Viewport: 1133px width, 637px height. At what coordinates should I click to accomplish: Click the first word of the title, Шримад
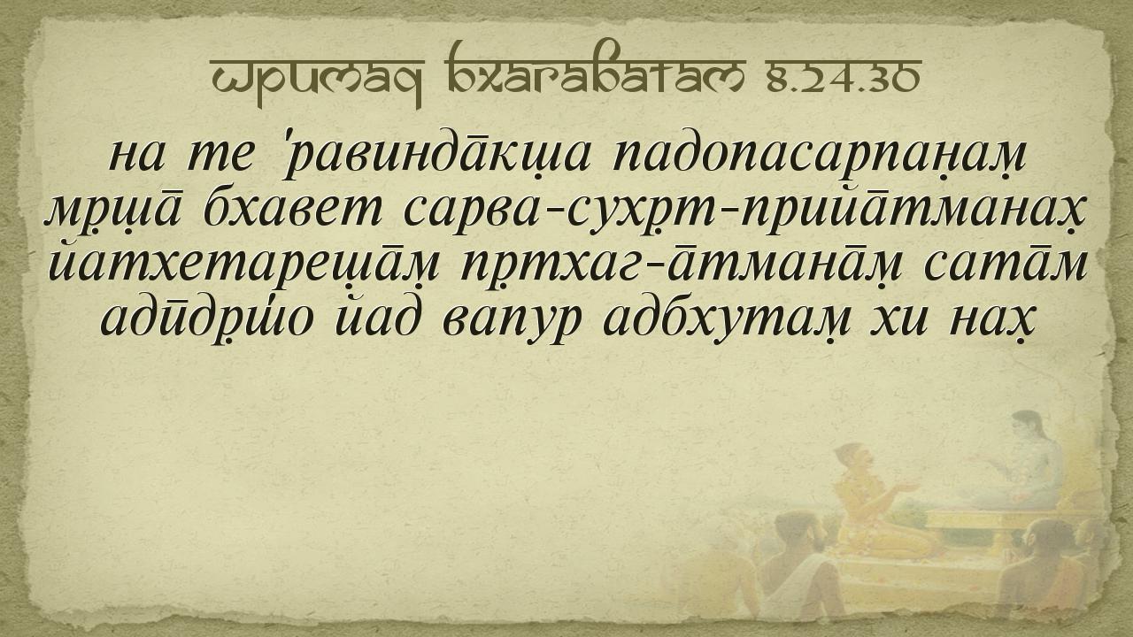[316, 81]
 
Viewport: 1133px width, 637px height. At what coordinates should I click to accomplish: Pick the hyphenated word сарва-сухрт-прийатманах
[745, 211]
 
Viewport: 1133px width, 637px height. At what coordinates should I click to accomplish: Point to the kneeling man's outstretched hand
[906, 487]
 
